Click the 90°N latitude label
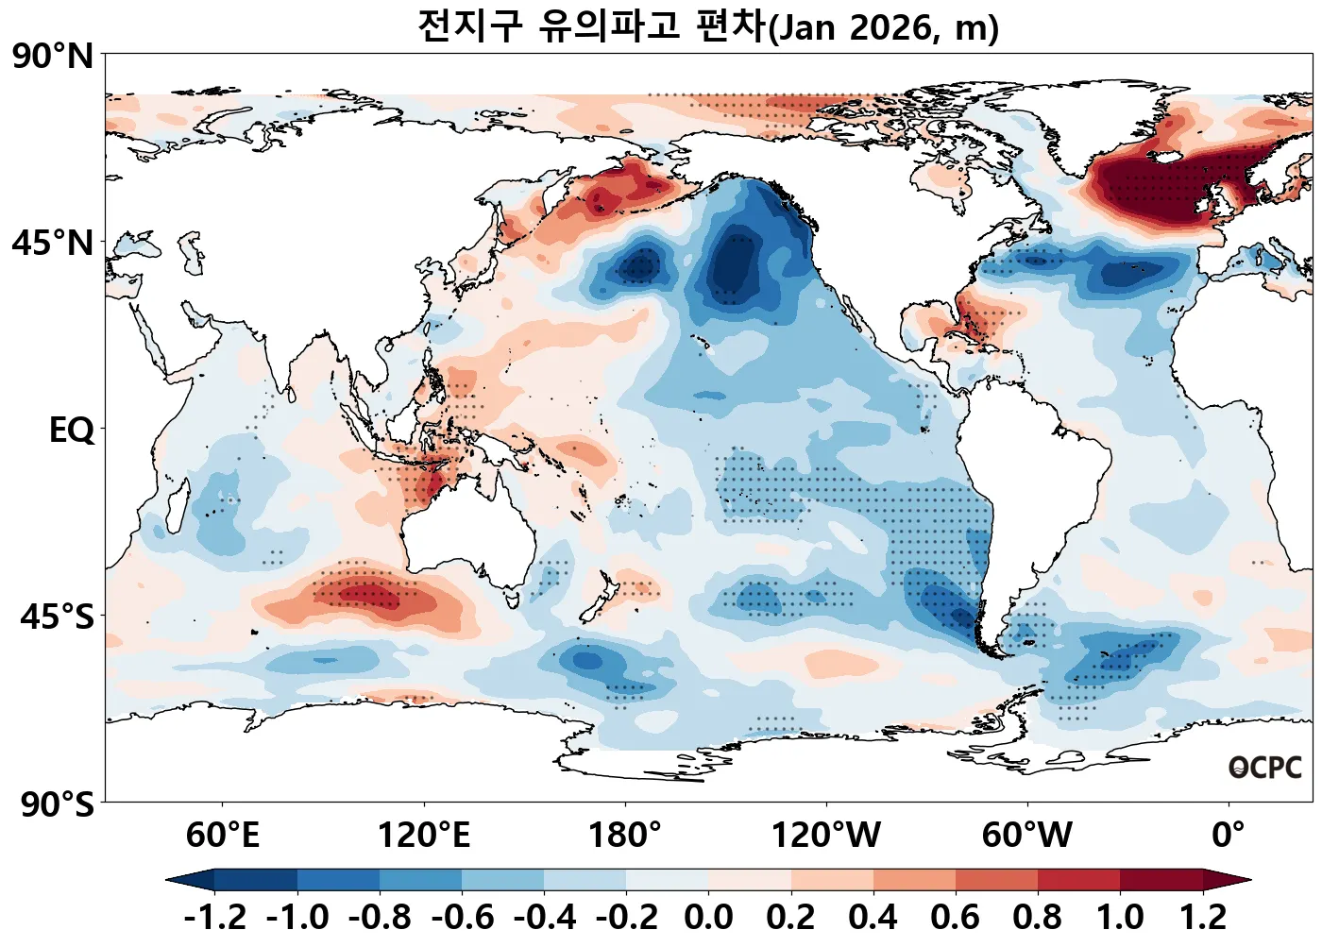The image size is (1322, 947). pyautogui.click(x=53, y=56)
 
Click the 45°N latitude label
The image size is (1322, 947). pyautogui.click(x=53, y=243)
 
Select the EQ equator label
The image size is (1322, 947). pyautogui.click(x=72, y=431)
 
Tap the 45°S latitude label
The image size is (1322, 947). pyautogui.click(x=57, y=617)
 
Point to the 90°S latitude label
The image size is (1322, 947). pyautogui.click(x=57, y=804)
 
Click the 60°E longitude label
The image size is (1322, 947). pyautogui.click(x=222, y=836)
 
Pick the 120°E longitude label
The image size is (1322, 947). pyautogui.click(x=423, y=836)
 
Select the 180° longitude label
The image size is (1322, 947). pyautogui.click(x=625, y=836)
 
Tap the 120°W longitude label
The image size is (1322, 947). pyautogui.click(x=826, y=836)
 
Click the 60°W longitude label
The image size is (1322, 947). pyautogui.click(x=1027, y=836)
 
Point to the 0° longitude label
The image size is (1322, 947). pyautogui.click(x=1229, y=836)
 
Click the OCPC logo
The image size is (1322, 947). pyautogui.click(x=1265, y=768)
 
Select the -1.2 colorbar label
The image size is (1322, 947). pyautogui.click(x=215, y=917)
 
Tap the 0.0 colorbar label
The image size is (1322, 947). pyautogui.click(x=708, y=917)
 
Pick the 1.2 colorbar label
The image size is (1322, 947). pyautogui.click(x=1203, y=917)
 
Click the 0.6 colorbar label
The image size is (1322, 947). pyautogui.click(x=955, y=917)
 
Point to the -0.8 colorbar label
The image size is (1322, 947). pyautogui.click(x=380, y=917)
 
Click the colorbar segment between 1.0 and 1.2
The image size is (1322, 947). pyautogui.click(x=1161, y=880)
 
